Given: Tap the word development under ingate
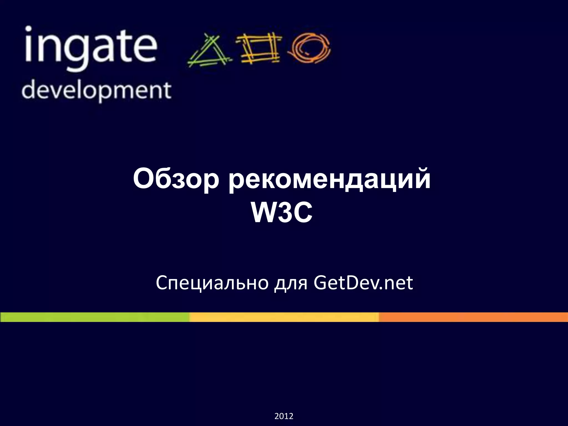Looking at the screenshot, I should [96, 90].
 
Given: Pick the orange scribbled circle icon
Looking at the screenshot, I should [309, 48].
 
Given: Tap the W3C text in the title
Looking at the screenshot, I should [282, 213].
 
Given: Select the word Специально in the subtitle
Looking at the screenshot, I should [212, 283].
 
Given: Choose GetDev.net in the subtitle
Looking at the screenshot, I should [363, 283].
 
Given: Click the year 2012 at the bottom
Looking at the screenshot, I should [284, 416].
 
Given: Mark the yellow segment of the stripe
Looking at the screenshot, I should [284, 317].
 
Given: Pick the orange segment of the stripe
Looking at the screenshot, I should [473, 317].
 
